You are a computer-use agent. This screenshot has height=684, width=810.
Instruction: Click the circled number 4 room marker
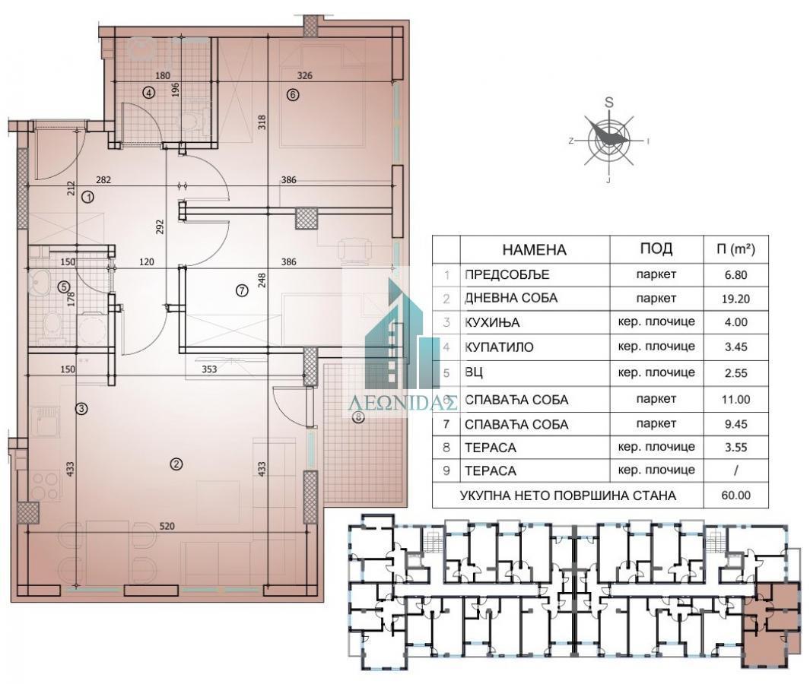point(149,93)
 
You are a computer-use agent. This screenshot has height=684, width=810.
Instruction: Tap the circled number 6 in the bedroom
point(293,94)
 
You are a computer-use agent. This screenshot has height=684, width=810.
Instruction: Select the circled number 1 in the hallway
point(88,197)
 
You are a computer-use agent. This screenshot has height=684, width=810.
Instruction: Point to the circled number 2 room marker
point(176,464)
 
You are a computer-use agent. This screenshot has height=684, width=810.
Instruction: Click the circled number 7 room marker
point(242,290)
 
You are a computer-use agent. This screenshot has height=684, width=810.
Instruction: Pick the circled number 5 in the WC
point(64,287)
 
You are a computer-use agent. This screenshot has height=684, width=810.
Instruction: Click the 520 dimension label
point(167,527)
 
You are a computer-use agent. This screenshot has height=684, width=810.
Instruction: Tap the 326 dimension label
point(305,75)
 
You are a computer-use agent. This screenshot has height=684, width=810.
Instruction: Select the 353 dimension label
point(209,369)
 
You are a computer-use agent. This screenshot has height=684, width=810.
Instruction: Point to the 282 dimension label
point(103,180)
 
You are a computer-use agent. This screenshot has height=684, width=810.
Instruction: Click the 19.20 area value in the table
point(736,299)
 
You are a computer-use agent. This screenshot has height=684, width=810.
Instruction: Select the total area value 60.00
point(736,495)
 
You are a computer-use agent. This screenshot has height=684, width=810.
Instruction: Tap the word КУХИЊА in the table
point(492,323)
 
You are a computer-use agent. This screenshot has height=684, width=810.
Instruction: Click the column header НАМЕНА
point(534,250)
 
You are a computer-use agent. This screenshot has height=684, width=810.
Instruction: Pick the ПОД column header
point(656,249)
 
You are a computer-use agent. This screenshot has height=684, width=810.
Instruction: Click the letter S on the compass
point(609,102)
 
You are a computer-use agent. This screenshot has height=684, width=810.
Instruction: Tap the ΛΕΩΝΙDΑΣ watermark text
point(403,403)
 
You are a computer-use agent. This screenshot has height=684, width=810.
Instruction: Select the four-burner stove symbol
point(46,486)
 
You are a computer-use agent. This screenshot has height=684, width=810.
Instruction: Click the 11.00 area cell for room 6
point(736,400)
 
